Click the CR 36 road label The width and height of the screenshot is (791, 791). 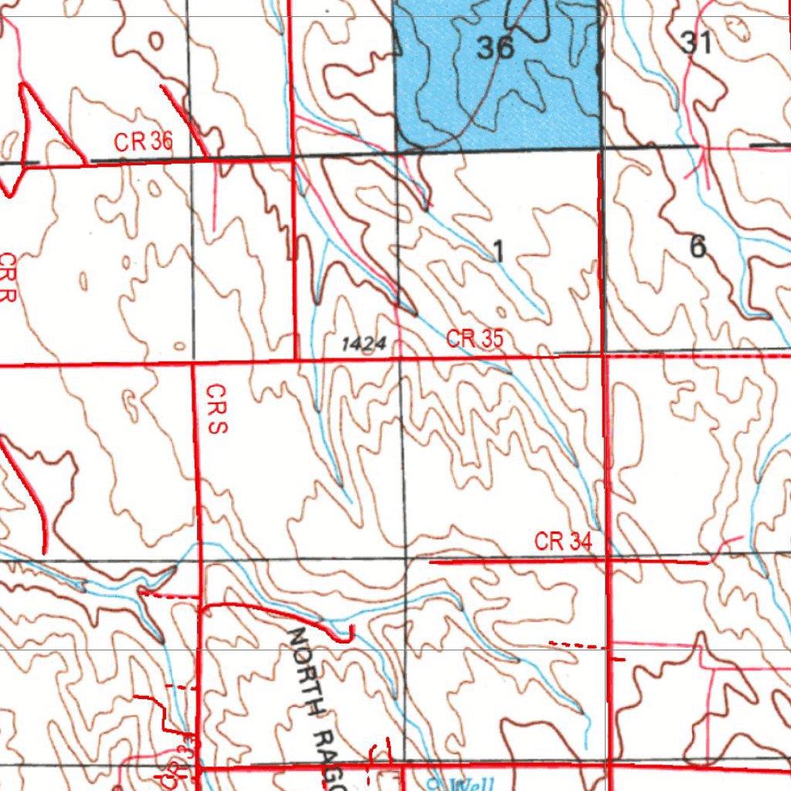pos(144,142)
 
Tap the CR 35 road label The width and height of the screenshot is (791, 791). pos(475,338)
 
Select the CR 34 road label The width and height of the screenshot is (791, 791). pos(563,541)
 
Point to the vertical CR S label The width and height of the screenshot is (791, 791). pos(216,409)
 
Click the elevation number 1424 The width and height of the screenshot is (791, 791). pos(363,344)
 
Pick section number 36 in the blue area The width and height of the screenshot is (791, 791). pos(495,48)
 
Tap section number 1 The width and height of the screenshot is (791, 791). pos(499,250)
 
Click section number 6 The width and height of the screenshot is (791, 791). pos(698,247)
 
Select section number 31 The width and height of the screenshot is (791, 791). pos(696,42)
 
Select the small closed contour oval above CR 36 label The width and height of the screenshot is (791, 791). pos(156,40)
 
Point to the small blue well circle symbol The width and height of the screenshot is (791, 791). pos(434,782)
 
